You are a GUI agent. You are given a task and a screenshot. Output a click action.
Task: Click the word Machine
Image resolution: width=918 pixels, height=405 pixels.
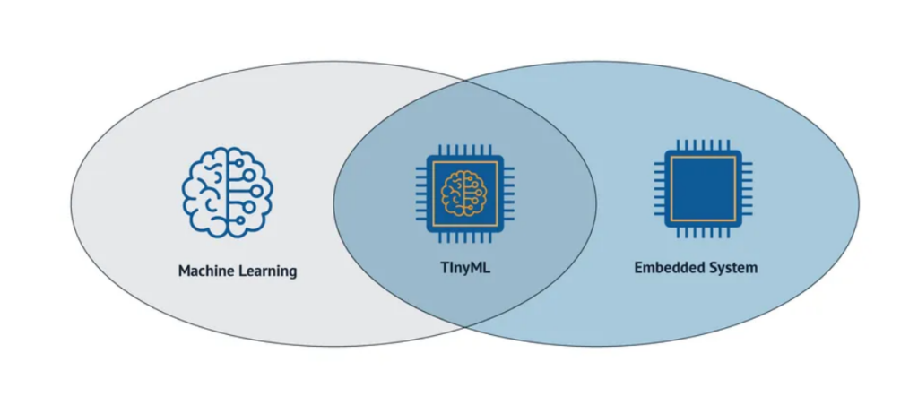(x=206, y=270)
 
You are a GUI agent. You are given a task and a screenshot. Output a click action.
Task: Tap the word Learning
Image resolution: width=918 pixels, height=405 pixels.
(x=266, y=271)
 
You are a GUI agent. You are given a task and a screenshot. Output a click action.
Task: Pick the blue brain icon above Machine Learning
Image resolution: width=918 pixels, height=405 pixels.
(x=228, y=192)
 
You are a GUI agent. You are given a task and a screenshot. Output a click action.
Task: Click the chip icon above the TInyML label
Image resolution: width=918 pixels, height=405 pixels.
(x=464, y=191)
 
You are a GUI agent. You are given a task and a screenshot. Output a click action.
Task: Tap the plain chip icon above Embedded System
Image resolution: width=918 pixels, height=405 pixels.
(x=703, y=188)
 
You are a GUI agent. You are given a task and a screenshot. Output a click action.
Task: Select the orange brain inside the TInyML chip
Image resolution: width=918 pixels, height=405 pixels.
(x=464, y=191)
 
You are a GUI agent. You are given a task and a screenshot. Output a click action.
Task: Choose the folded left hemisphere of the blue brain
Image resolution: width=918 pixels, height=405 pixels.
(x=206, y=192)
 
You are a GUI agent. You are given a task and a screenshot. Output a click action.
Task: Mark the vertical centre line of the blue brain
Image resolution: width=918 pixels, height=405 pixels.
(x=228, y=192)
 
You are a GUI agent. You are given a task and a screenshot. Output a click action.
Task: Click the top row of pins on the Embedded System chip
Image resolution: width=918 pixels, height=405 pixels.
(x=703, y=145)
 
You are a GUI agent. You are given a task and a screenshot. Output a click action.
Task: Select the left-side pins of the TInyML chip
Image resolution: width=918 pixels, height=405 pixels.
(x=420, y=191)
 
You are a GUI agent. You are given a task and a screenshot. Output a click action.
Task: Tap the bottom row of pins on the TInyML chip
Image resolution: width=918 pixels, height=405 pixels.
(x=464, y=237)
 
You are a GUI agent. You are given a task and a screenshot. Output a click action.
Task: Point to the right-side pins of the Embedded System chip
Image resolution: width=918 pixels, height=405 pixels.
(x=748, y=188)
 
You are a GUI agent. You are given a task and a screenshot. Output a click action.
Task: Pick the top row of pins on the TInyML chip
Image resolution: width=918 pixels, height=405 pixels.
(x=464, y=147)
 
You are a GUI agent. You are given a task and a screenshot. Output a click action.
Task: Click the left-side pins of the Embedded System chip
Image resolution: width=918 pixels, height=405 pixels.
(x=659, y=188)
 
